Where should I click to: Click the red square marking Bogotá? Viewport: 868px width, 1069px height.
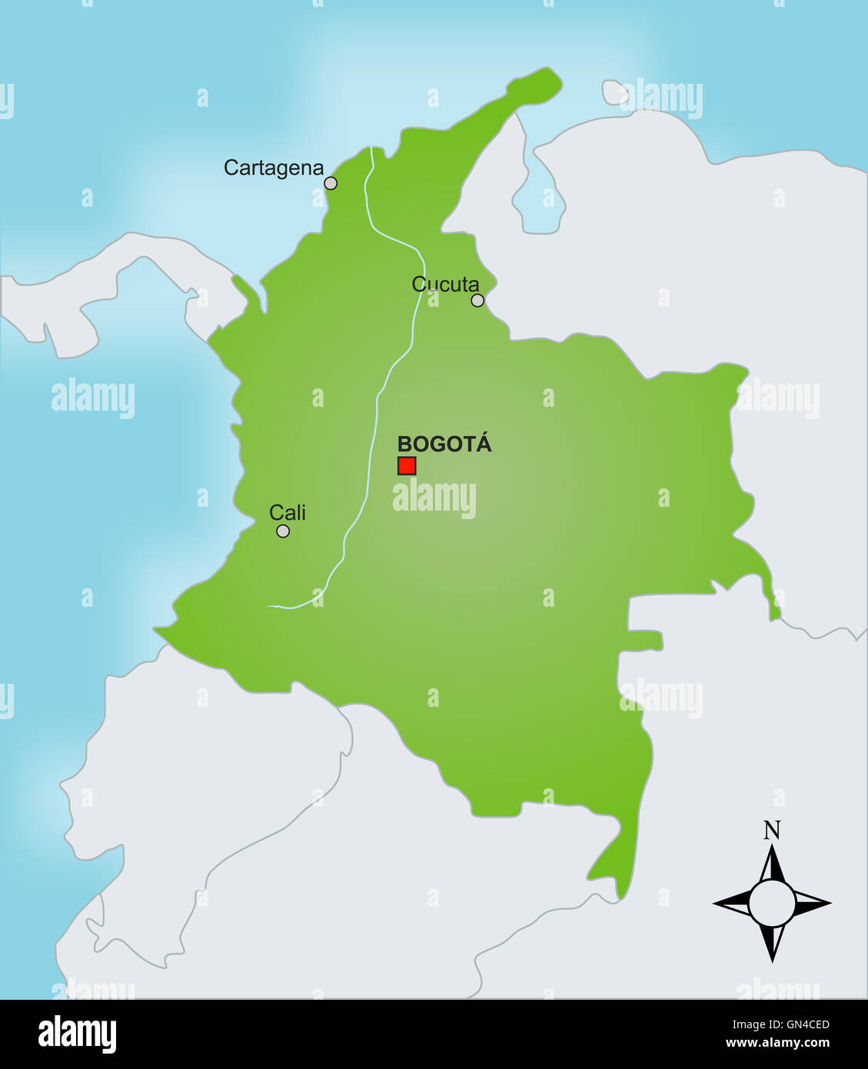[407, 465]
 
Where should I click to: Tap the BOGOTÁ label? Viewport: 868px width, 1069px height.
[444, 444]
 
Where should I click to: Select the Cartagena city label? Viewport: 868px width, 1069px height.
[273, 168]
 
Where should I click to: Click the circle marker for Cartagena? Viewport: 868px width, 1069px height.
[331, 183]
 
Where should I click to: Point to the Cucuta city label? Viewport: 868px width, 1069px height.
[445, 284]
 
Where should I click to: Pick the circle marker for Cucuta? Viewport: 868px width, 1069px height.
[477, 300]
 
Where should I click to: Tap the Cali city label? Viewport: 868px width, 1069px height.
[288, 512]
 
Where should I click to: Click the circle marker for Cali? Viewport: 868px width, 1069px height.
[283, 531]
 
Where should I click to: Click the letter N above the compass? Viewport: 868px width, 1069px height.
[772, 831]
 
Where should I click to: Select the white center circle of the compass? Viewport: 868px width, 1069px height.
[772, 904]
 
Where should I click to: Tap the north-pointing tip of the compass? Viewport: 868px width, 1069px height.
[772, 851]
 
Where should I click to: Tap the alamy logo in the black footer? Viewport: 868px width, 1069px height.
[77, 1034]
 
